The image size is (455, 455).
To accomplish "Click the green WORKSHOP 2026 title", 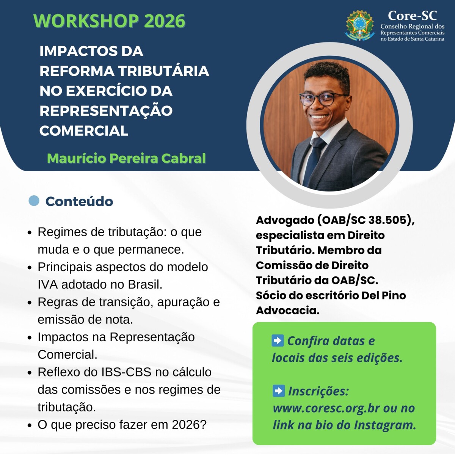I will pos(109,21).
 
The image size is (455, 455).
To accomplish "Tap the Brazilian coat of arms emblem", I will pos(360,25).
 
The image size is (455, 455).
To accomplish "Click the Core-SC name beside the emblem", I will pos(412,16).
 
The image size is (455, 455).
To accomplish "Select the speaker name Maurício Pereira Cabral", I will pos(126,158).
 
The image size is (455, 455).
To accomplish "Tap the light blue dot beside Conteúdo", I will pos(34,201).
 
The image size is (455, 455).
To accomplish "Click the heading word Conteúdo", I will pos(79,201).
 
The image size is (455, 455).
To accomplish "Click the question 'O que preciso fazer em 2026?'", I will pos(122,424).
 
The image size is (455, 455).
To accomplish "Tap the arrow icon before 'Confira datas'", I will pos(278,340).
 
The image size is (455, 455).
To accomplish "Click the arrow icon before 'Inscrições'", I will pos(279,391).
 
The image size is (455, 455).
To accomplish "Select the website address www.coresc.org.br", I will pos(326,408).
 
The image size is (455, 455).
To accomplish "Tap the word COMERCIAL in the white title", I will pos(84,131).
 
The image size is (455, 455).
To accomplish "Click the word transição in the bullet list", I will pos(125,302).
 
